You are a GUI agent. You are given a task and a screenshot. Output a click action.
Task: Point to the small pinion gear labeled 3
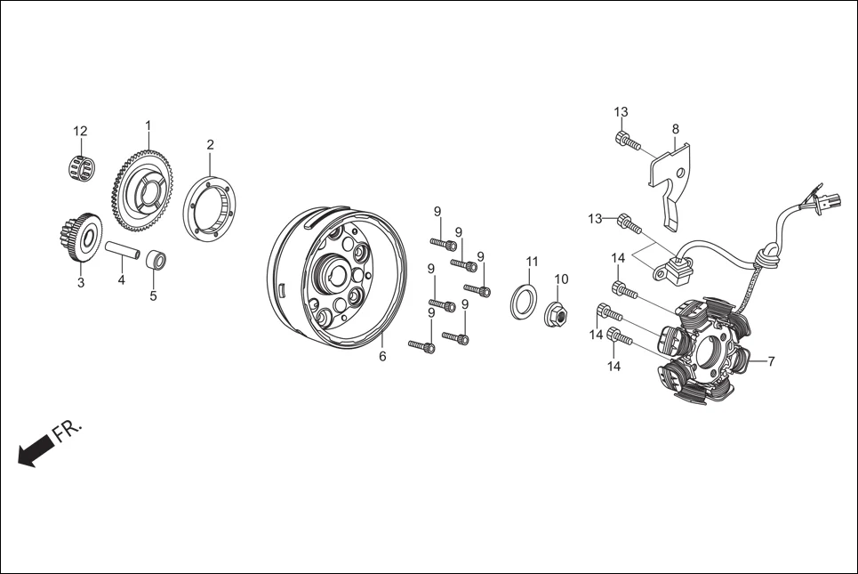[80, 238]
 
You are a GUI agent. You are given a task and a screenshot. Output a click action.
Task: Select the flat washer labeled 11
[524, 300]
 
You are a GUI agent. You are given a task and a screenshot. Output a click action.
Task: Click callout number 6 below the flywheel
[382, 357]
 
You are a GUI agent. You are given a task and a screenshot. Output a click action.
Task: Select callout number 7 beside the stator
[771, 361]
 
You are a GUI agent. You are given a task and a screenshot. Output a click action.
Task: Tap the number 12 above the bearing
[80, 132]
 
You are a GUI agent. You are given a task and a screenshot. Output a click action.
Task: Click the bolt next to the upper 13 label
[628, 141]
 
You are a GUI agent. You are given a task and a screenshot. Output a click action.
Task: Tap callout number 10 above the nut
[561, 279]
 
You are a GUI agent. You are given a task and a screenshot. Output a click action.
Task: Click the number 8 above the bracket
[676, 129]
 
